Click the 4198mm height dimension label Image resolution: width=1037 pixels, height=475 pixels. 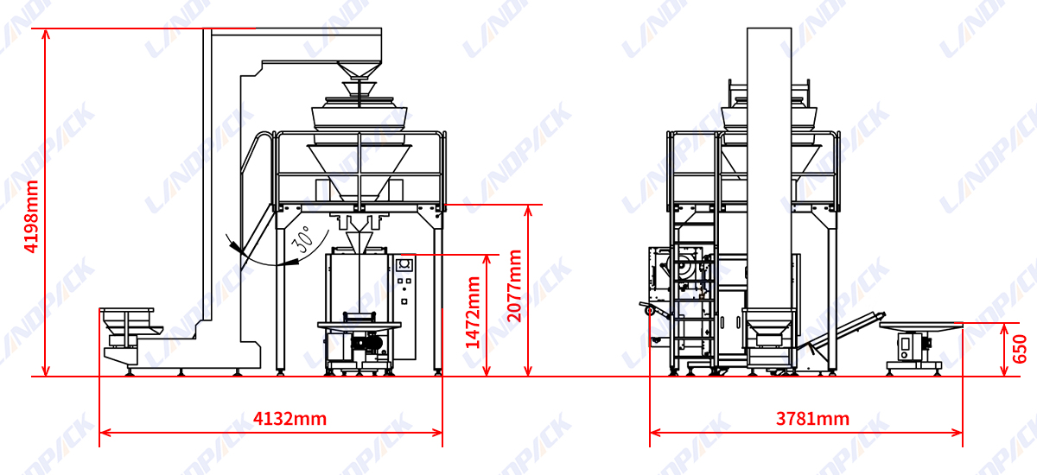[31, 217]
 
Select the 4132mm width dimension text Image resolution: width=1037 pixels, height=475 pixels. [289, 419]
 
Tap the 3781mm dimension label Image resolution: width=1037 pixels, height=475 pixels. [812, 419]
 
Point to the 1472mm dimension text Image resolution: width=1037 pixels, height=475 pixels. [473, 313]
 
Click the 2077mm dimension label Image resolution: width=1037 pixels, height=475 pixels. [514, 286]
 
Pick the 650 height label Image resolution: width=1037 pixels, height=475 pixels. [1020, 349]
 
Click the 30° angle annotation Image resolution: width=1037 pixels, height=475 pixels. [302, 239]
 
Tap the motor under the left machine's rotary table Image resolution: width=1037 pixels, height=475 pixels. [367, 344]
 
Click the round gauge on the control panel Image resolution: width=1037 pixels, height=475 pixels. [404, 264]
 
